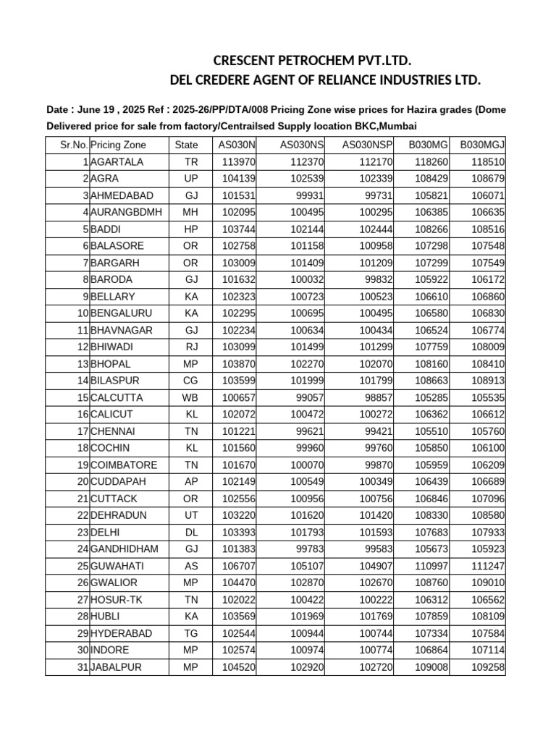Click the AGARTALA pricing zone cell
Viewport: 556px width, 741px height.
point(117,162)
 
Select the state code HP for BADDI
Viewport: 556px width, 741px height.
point(190,229)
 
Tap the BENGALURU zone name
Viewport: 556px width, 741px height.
point(122,313)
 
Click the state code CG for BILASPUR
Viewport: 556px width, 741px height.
point(190,381)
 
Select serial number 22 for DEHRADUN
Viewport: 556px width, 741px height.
point(82,515)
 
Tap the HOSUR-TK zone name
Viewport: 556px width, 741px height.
point(116,599)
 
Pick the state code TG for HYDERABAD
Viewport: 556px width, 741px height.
point(190,633)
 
